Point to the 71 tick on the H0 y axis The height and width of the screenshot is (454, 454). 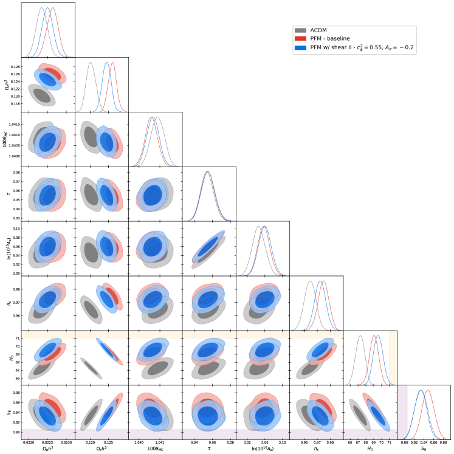[x=16, y=338]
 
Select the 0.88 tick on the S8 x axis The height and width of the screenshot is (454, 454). [x=442, y=442]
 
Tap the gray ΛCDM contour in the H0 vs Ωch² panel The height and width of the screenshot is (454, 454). [x=91, y=368]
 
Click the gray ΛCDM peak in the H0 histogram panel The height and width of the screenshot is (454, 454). [x=360, y=336]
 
